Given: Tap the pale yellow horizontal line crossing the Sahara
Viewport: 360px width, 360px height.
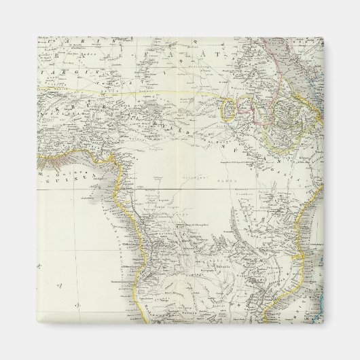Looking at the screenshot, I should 136,88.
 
